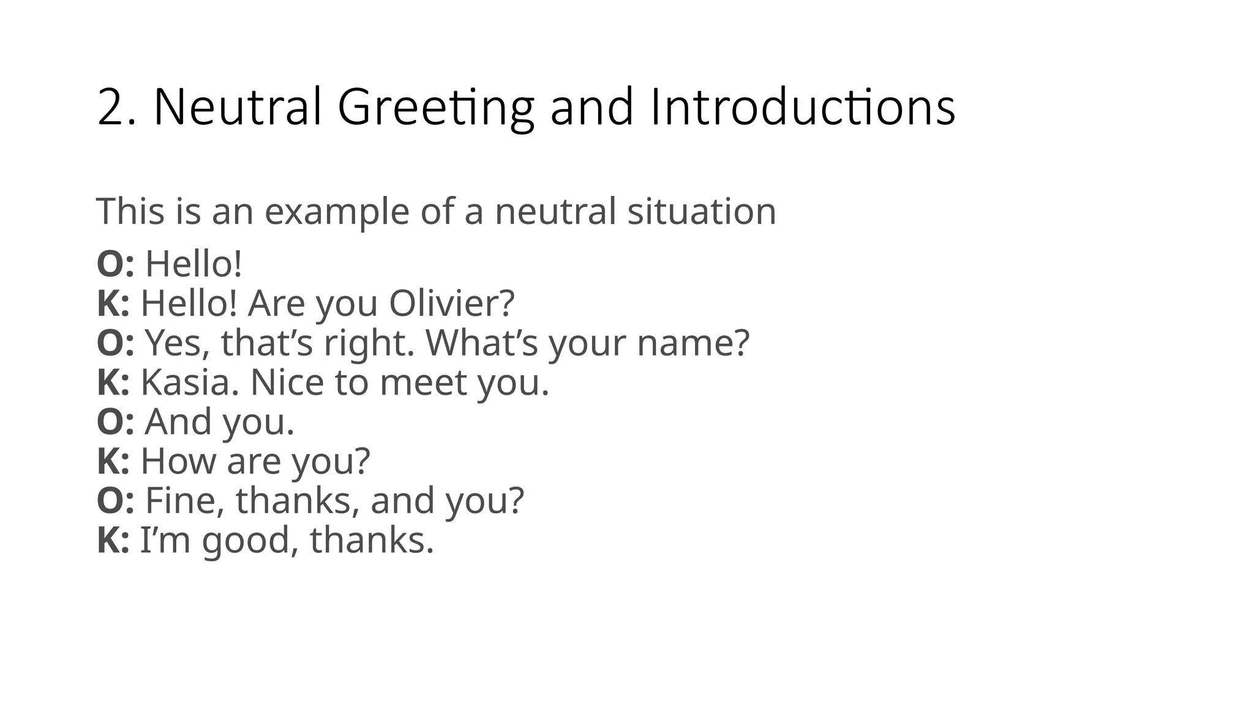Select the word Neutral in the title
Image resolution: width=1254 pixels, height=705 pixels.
coord(238,108)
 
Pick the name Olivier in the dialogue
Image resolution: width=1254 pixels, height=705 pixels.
coord(451,304)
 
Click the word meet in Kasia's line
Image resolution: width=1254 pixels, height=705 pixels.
coord(423,382)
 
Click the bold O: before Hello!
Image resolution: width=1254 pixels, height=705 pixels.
coord(115,264)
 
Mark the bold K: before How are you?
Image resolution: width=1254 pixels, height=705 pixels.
coord(113,461)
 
